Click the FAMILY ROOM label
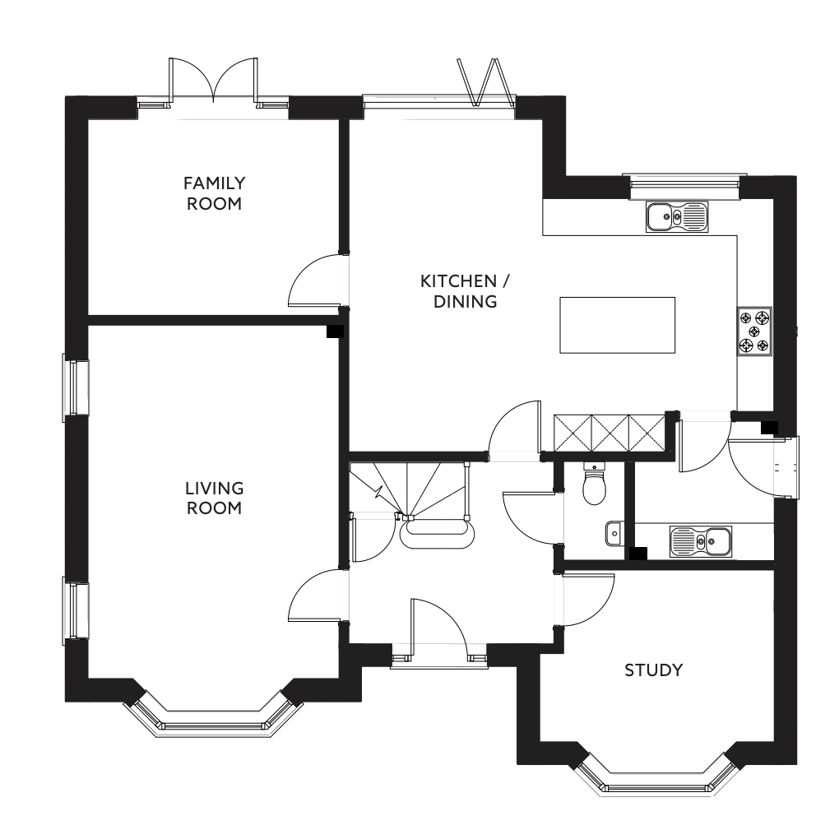[214, 193]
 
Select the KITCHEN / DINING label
[466, 291]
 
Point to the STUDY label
[654, 670]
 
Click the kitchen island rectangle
[617, 325]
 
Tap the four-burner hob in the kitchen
[755, 331]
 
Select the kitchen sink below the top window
[677, 216]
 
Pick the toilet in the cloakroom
[593, 485]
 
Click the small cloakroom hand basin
[613, 533]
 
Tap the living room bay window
[212, 720]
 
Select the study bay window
[655, 781]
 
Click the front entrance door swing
[440, 629]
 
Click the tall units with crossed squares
[609, 433]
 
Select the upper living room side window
[77, 387]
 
